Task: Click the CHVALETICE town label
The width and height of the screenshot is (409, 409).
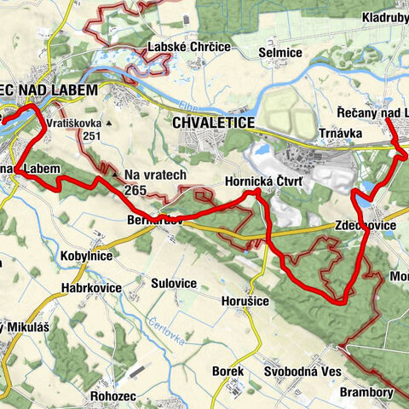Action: (213, 124)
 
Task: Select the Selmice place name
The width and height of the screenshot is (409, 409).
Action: (280, 53)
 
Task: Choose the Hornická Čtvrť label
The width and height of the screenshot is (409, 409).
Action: (259, 181)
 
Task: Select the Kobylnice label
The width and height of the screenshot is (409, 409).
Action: (88, 255)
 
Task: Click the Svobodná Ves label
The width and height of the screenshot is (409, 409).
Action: (302, 372)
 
